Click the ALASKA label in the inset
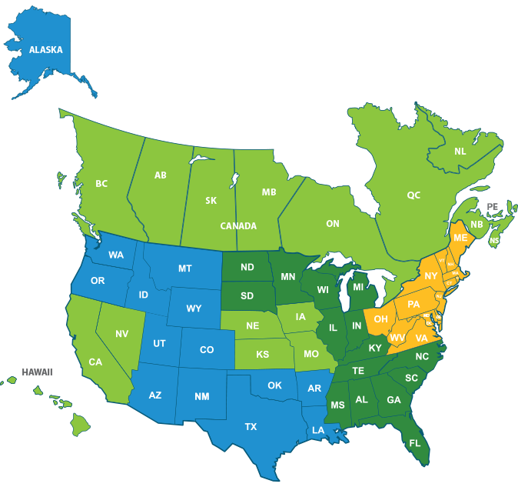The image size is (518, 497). coord(45,50)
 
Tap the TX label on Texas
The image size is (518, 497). coord(251,426)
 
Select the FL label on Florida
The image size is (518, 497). coord(415,443)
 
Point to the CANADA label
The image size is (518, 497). coord(238,226)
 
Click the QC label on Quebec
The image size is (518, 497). coord(413,195)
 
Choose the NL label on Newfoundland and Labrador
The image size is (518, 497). coord(460,152)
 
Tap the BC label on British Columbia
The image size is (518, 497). coord(101,184)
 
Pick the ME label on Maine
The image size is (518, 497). coord(460,238)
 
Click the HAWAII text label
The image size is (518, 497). coord(37,372)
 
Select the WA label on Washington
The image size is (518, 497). coord(116,255)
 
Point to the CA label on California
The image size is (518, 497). coord(95,362)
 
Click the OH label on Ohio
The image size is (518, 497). coord(380,319)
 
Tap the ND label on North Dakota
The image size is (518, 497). coord(247,268)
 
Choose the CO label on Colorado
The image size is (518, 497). coord(207,349)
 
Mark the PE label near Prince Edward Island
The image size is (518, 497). coord(493,207)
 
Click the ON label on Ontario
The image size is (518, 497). coord(332,224)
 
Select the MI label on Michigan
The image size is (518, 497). coord(357,288)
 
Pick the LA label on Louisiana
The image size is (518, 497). coord(318,431)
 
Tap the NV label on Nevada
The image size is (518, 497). coord(121,334)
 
